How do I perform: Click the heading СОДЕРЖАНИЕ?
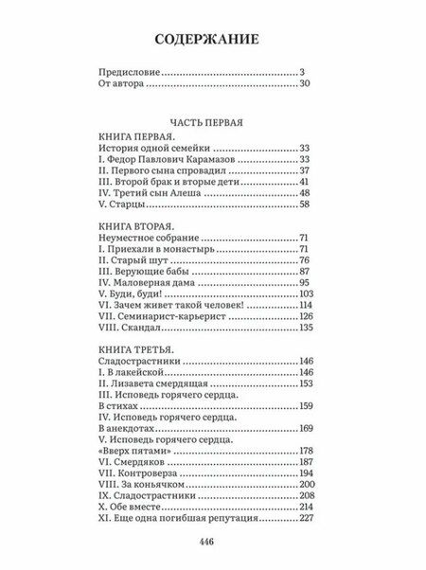coord(212,40)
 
